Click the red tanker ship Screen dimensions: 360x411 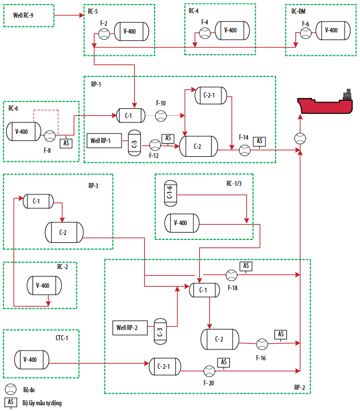point(325,104)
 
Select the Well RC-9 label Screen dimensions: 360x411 point(23,15)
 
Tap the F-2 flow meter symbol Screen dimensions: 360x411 point(104,34)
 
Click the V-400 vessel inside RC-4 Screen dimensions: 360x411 point(232,30)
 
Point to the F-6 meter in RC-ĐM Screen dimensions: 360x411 point(306,33)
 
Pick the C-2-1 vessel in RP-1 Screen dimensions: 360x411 point(211,95)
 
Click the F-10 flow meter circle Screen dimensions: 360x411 point(161,116)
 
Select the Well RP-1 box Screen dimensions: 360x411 point(104,141)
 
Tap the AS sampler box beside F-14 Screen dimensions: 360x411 point(259,141)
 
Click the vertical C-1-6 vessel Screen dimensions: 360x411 point(171,193)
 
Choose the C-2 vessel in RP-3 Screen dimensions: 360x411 point(64,232)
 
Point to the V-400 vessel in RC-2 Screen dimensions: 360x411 point(45,286)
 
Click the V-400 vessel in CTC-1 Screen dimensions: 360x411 point(32,360)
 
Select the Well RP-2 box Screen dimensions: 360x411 point(130,328)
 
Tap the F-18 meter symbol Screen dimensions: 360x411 point(232,275)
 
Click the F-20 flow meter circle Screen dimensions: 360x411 point(209,371)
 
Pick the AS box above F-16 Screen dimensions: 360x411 point(281,334)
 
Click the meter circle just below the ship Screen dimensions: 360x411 point(300,139)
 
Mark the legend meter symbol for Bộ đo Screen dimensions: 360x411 point(11,389)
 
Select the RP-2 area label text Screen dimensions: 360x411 point(300,388)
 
